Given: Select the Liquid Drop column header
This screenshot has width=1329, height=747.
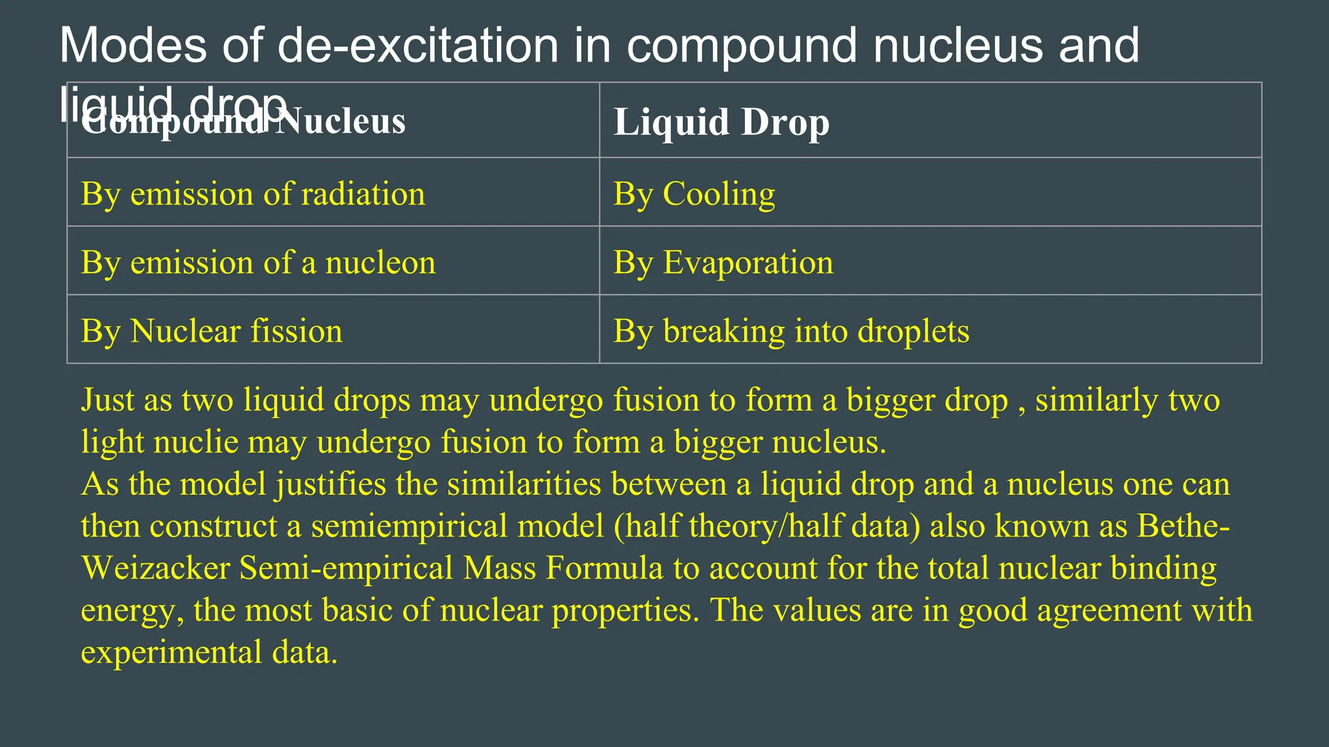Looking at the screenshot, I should pyautogui.click(x=721, y=122).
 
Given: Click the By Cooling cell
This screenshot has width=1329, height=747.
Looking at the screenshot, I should pyautogui.click(x=694, y=194).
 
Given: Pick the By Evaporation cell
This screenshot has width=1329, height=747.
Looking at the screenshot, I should pyautogui.click(x=723, y=263).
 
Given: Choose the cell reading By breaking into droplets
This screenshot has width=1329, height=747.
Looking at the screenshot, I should pyautogui.click(x=791, y=331).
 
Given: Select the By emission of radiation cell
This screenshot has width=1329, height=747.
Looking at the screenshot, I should pyautogui.click(x=253, y=194).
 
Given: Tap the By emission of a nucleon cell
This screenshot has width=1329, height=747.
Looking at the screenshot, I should pyautogui.click(x=258, y=263).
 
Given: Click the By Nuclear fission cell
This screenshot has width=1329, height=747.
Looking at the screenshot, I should pyautogui.click(x=212, y=331).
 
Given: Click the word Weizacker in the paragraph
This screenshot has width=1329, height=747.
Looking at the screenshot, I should pyautogui.click(x=156, y=568).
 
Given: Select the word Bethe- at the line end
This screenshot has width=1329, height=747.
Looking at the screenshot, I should pyautogui.click(x=1183, y=526).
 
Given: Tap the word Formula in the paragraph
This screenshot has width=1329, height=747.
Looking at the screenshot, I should pyautogui.click(x=604, y=568).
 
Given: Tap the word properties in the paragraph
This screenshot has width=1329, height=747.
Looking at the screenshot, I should pyautogui.click(x=626, y=610).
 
